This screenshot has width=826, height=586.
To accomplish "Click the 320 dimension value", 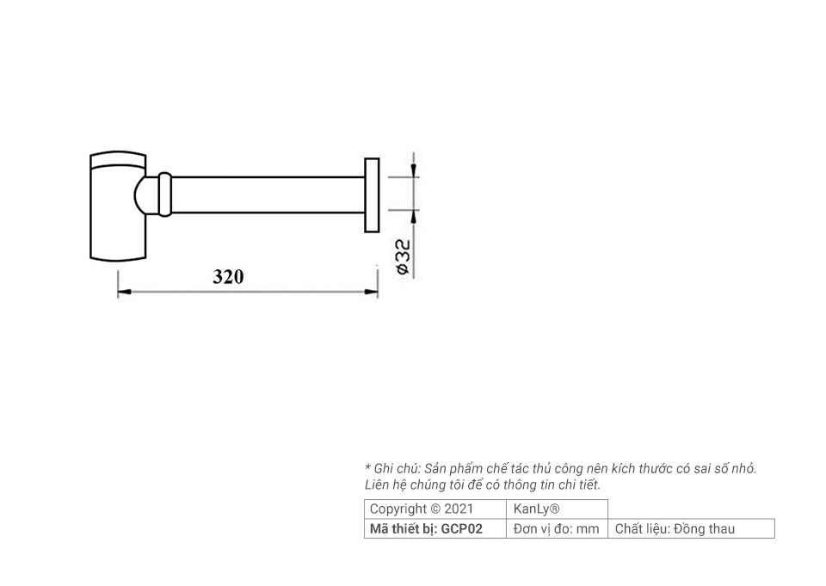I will pos(228,277).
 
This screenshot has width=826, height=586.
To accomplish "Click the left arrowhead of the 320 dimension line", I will pos(124,293).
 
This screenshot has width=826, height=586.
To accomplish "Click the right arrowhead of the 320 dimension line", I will pos(371,293).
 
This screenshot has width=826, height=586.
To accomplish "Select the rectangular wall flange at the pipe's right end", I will pos(372,194).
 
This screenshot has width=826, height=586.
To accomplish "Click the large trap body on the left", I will pos(116,207).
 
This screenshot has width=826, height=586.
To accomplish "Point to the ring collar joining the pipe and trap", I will pos(164,194).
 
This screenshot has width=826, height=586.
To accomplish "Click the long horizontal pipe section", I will pos(267,194).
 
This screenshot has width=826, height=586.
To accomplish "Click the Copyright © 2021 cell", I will pos(422,509).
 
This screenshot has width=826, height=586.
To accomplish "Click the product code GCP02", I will pos(462,528).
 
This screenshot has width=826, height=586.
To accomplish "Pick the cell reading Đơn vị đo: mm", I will pos(556,528).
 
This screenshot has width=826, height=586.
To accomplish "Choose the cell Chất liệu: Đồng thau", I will pos(675,528).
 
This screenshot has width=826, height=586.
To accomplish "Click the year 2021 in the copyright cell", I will pos(458,509).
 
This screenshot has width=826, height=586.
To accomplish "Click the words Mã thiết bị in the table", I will pos(403,528).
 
